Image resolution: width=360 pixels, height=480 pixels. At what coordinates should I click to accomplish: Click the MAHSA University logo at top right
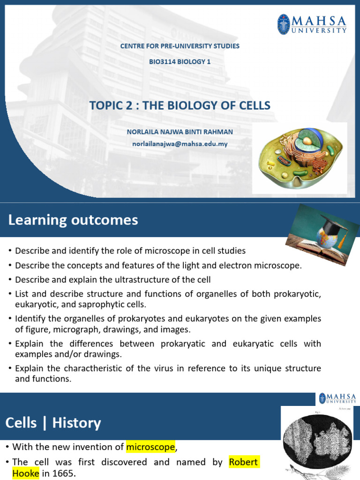(312, 24)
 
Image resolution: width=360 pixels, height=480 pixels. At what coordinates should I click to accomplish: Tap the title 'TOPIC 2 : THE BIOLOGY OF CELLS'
(180, 105)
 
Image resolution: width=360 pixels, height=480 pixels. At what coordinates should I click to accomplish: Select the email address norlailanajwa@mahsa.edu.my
(180, 144)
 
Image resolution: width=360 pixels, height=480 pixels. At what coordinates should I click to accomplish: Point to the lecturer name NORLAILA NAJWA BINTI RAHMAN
(180, 132)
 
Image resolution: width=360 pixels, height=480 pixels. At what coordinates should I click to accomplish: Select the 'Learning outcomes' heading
(73, 220)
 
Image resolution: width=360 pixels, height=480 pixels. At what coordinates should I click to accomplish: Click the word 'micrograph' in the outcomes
(67, 330)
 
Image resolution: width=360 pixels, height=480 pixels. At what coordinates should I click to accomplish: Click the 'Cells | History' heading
(53, 423)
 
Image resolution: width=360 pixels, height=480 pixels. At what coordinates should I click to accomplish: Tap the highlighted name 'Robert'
(243, 462)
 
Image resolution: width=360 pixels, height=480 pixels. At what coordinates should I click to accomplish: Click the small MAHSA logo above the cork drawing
(337, 399)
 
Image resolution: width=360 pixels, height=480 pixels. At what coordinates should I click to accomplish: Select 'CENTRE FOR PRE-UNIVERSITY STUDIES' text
(180, 46)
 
